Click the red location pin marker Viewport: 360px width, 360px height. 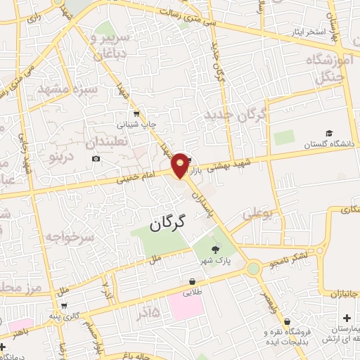pos(181,165)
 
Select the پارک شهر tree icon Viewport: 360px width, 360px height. pos(215,248)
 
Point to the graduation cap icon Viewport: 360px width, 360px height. pos(329,134)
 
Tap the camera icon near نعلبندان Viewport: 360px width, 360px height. pos(96,159)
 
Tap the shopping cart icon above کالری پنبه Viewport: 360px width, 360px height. pos(65,306)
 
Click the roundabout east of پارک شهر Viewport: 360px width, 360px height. pos(253,267)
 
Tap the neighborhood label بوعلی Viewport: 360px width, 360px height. pos(257,212)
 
